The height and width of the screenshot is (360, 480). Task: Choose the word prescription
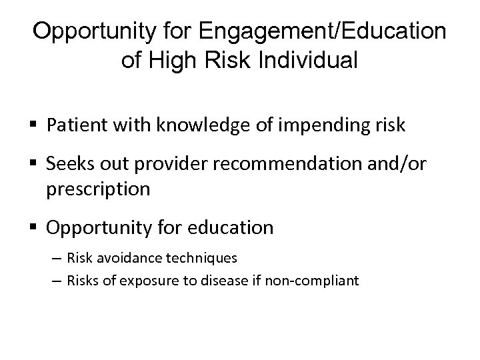click(x=98, y=189)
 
